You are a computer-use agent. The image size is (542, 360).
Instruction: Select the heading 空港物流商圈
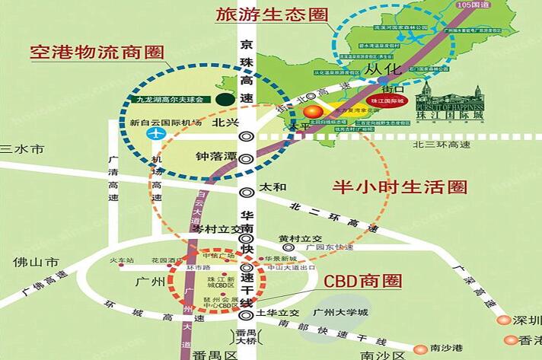[x=96, y=53]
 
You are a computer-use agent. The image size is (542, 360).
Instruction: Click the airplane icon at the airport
[x=158, y=133]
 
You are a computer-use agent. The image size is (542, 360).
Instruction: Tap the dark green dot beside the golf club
[x=223, y=99]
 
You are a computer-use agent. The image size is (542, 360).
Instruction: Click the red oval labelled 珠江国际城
[x=387, y=100]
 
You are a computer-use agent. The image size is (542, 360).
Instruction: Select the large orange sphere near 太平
[x=312, y=113]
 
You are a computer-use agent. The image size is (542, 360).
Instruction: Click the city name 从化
[x=382, y=69]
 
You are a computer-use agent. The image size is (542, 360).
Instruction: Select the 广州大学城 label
[x=340, y=313]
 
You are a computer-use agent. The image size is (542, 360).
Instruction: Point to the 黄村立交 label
[x=295, y=237]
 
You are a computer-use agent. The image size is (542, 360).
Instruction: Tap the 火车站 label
[x=121, y=260]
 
